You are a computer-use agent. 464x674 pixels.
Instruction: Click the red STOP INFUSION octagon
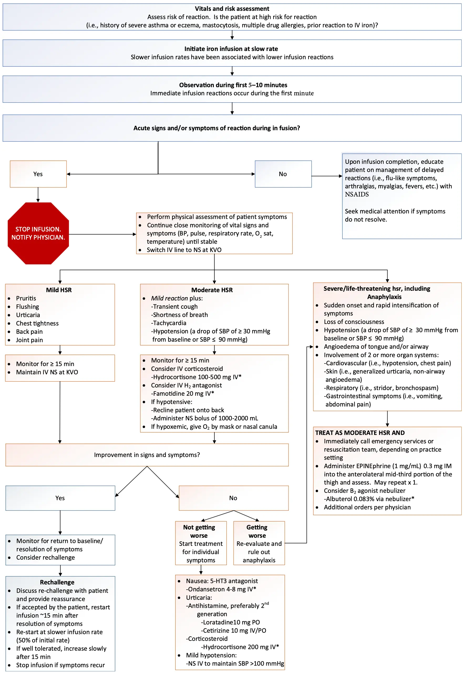[38, 233]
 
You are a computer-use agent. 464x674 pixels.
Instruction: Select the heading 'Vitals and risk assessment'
[232, 9]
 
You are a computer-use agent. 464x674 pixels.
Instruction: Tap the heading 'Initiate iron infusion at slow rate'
[231, 49]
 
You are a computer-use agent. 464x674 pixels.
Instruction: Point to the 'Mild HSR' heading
[59, 290]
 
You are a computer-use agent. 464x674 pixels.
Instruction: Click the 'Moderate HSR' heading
[212, 290]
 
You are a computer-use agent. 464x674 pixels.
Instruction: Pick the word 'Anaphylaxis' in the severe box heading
[384, 297]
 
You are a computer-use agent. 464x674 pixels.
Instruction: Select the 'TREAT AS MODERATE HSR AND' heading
[360, 433]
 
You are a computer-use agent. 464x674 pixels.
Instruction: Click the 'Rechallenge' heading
[57, 582]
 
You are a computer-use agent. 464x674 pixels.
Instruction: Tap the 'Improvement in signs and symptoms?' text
[147, 455]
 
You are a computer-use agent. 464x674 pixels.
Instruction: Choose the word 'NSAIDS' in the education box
[357, 194]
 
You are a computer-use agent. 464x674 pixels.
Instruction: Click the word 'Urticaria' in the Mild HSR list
[28, 315]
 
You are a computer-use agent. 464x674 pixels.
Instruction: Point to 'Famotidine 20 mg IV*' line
[183, 393]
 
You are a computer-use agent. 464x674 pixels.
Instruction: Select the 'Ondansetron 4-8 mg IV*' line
[221, 589]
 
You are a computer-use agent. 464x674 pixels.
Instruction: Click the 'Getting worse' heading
[257, 531]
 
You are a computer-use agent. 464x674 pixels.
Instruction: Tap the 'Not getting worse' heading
[199, 531]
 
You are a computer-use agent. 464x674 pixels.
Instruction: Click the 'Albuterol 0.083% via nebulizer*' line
[369, 499]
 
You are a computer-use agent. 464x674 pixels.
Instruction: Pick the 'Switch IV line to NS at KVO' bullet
[184, 250]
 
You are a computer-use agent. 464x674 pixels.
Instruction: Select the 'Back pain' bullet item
[29, 332]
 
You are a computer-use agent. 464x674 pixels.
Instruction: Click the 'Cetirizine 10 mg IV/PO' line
[234, 630]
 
